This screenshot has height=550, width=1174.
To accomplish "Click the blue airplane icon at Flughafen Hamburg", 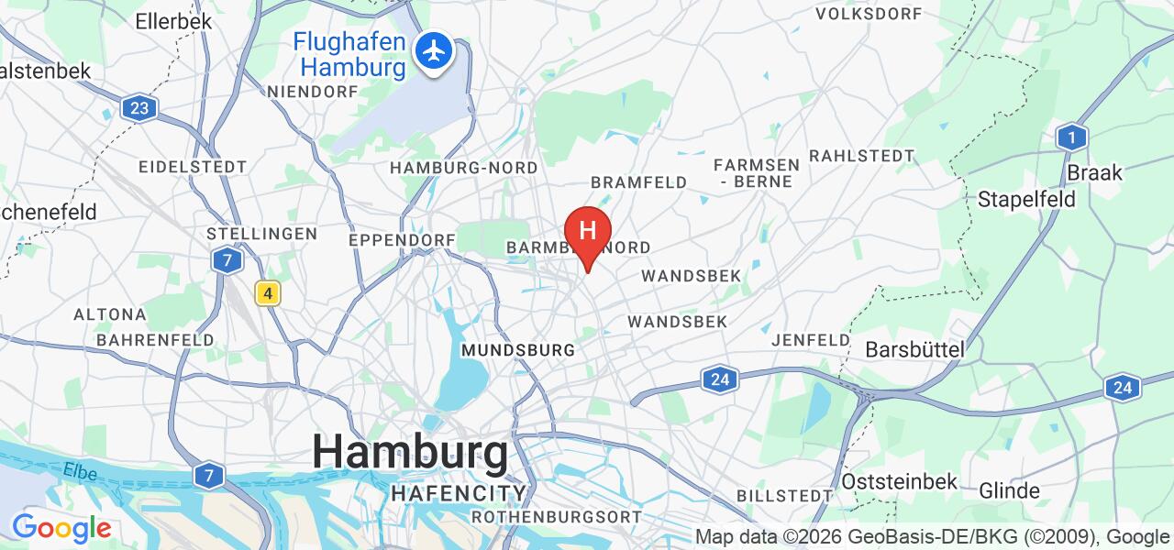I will (x=434, y=50).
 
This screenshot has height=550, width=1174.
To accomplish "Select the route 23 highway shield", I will (x=138, y=108).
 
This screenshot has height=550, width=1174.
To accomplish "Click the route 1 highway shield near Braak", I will (x=1070, y=137).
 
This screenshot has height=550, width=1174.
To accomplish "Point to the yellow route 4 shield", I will (x=267, y=293).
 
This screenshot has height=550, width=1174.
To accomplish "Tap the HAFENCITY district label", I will (x=459, y=493).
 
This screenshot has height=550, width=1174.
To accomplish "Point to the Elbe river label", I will (x=80, y=469).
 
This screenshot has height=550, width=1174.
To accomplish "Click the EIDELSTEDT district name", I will (x=192, y=167).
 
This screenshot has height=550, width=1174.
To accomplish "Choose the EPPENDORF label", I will (x=403, y=239).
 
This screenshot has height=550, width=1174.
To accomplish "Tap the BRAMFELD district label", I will (x=638, y=182).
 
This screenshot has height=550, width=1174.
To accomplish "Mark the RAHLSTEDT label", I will (x=861, y=156).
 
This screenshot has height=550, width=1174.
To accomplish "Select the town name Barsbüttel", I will (x=915, y=349).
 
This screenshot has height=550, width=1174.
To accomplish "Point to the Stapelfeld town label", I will (x=1026, y=199).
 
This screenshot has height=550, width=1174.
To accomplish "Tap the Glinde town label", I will (x=1009, y=489).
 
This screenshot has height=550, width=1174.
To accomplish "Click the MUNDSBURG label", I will (x=518, y=350).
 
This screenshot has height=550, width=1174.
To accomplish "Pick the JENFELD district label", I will (x=811, y=340).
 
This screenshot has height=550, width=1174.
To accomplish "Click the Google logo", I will (x=61, y=529).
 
